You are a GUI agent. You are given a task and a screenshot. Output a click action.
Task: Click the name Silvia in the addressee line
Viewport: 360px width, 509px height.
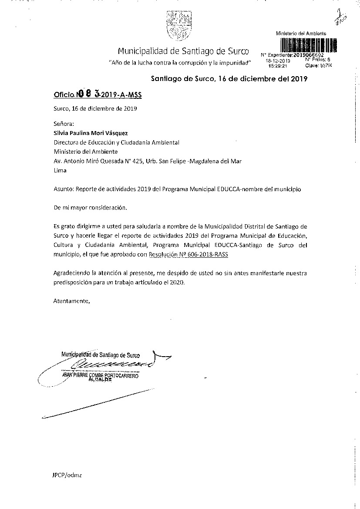coord(61,133)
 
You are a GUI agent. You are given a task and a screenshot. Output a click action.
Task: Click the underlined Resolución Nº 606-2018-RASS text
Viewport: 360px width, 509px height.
coord(188,255)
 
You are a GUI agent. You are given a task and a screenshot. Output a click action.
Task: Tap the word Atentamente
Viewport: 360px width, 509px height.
coord(71,300)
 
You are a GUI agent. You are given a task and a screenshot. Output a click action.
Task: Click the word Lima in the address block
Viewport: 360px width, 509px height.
coord(60,170)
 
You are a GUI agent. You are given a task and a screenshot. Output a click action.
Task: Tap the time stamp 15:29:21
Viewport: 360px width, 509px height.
coord(278,66)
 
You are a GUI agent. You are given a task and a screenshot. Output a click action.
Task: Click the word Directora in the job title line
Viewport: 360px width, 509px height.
coord(66,142)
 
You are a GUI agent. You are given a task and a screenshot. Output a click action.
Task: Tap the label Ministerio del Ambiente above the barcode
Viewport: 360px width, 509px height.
coord(301,34)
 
